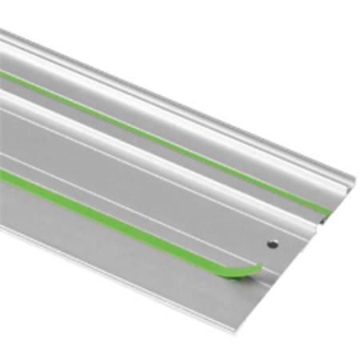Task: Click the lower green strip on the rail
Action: [x=120, y=217]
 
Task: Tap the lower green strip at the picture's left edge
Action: [x=3, y=175]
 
